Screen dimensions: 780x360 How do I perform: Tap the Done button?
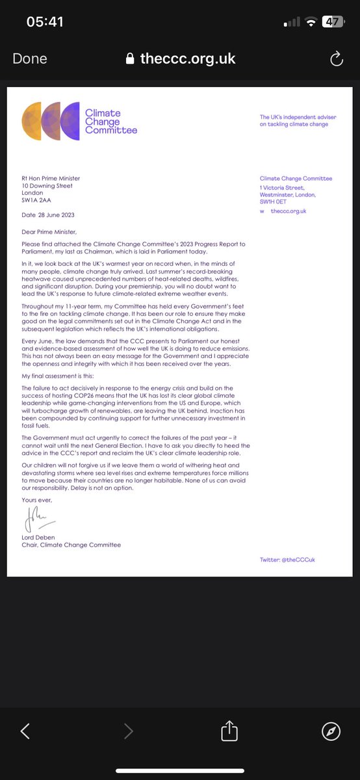coord(29,59)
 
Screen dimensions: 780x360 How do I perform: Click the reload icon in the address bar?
coord(336,59)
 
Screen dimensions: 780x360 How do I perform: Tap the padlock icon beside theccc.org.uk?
coord(131,59)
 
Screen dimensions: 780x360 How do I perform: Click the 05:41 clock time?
coord(45,21)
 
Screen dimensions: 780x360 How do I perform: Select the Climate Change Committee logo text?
coord(111,122)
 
